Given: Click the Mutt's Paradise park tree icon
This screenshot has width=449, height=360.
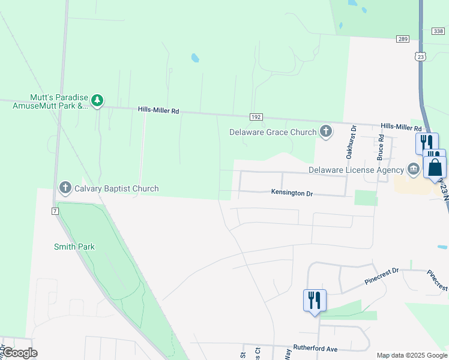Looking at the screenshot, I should click(97, 100).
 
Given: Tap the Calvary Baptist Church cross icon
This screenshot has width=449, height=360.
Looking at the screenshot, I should click(65, 188).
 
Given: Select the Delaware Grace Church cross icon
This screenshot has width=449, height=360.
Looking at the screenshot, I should click(325, 131).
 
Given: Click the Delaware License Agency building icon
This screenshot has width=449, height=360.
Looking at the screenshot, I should click(413, 169).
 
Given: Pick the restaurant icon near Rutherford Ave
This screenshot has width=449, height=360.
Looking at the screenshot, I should click(315, 300).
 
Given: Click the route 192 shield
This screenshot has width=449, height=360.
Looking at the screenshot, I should click(256, 117).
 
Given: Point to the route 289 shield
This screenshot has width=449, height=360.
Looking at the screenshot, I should click(402, 39).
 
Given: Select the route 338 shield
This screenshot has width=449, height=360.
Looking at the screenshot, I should click(438, 31).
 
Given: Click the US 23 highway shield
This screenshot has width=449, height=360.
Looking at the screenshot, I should click(421, 56).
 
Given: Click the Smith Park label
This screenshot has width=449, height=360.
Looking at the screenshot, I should click(74, 247).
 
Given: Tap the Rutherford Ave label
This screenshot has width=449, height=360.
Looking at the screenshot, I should click(315, 348).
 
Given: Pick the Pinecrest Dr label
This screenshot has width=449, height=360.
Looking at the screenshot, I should click(381, 276).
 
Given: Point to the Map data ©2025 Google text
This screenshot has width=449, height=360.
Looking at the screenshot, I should click(411, 355).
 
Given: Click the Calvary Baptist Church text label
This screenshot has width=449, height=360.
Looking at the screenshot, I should click(116, 188).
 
